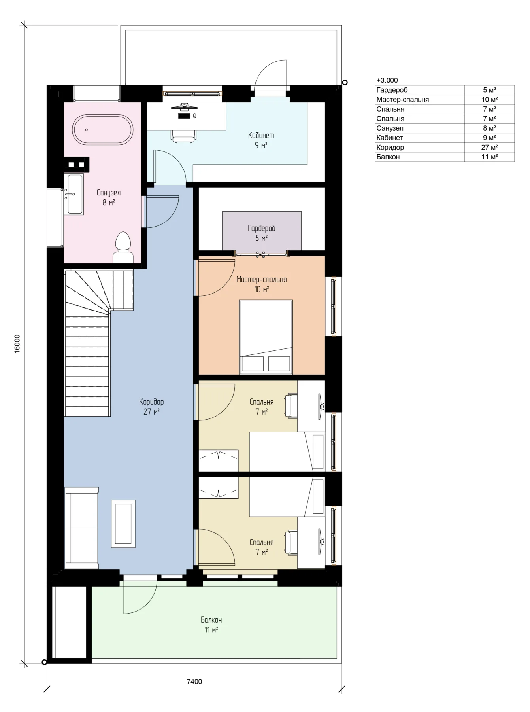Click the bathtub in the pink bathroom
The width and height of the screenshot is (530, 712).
(x=102, y=130)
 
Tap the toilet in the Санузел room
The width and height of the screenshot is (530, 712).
(x=123, y=247)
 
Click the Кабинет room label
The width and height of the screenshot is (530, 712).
(x=261, y=135)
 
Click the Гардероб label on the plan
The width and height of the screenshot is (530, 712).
(x=261, y=228)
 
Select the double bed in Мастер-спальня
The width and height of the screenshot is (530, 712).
(x=266, y=337)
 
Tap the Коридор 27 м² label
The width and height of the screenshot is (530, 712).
(x=151, y=407)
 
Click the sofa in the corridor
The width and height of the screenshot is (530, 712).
(x=81, y=528)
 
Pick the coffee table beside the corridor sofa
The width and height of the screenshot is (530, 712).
(x=123, y=524)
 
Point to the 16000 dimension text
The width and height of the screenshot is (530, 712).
(x=17, y=344)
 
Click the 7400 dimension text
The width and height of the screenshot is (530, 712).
(x=194, y=681)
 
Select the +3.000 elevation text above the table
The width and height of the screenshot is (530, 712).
(x=387, y=80)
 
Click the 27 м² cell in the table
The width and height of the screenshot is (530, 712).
(x=489, y=147)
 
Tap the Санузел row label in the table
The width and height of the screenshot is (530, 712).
(x=390, y=128)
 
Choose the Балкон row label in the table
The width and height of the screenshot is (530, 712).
(x=388, y=157)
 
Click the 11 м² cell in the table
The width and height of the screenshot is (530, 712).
(x=489, y=157)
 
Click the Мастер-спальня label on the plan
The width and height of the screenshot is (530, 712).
(x=261, y=280)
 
